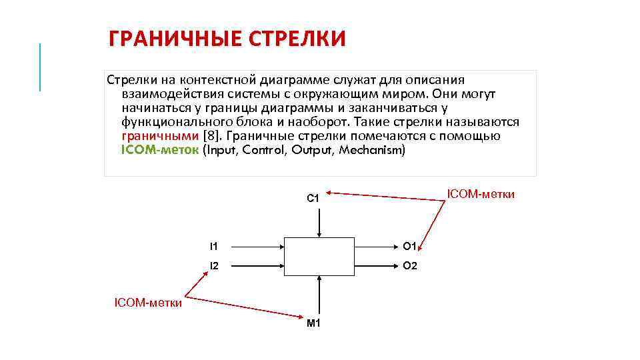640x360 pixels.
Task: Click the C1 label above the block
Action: (313, 198)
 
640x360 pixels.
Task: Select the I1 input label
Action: (213, 246)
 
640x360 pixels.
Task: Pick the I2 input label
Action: (213, 265)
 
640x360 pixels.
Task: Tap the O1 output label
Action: (410, 246)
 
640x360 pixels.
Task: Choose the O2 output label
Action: (410, 265)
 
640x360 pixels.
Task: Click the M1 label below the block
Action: (313, 323)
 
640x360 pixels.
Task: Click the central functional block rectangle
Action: (319, 255)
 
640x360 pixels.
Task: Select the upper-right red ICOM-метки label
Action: (481, 194)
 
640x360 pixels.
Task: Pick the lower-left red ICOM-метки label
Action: (148, 303)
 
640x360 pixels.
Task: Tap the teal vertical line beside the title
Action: (40, 67)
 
